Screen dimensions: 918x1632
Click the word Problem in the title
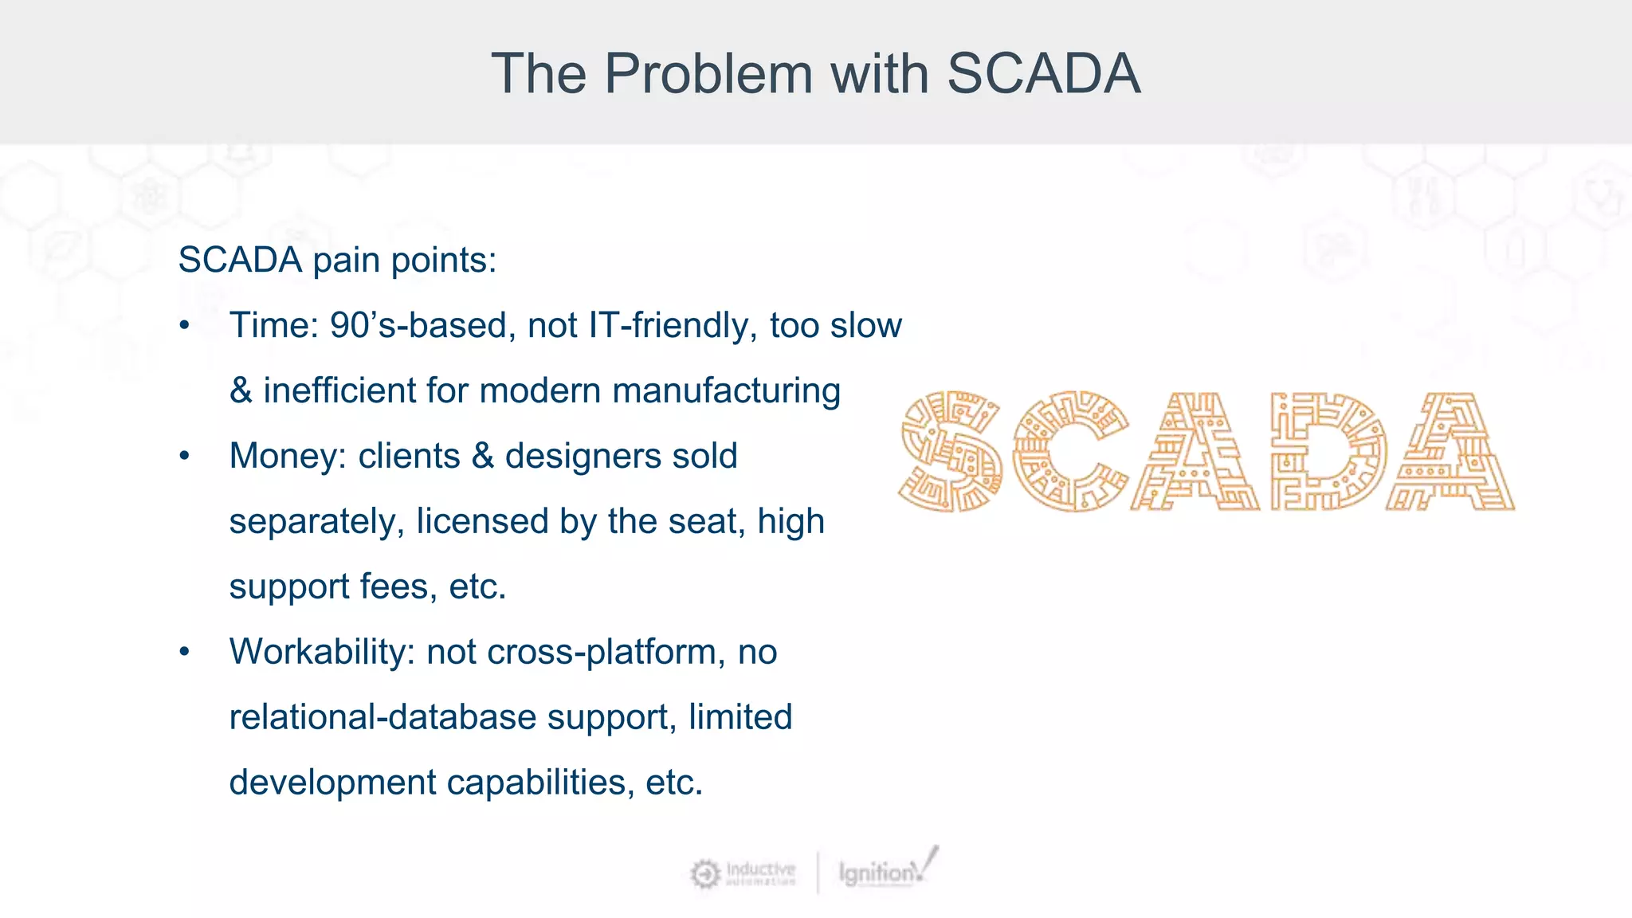click(709, 74)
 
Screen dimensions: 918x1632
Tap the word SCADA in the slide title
click(1043, 74)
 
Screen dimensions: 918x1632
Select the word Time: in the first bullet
click(273, 325)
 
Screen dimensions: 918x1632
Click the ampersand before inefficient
click(241, 390)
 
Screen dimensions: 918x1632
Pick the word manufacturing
click(726, 390)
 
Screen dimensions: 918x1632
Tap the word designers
click(583, 456)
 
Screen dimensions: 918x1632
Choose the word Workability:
click(322, 652)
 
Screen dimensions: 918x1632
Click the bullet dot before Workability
click(185, 652)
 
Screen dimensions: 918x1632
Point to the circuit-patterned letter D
click(1328, 451)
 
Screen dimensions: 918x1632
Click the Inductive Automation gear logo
click(705, 874)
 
